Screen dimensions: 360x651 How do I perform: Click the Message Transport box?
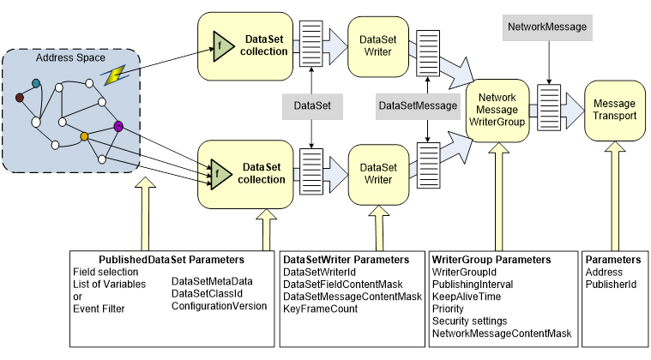point(614,110)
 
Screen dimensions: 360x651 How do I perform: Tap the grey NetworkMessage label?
point(547,27)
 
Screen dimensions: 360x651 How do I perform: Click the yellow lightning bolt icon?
point(112,75)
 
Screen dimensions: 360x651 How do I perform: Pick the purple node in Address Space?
point(118,127)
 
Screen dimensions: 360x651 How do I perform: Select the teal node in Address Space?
point(36,82)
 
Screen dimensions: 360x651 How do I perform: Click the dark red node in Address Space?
point(20,97)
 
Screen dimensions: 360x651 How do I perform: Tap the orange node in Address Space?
point(84,136)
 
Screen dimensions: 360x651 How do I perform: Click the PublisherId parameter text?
point(611,284)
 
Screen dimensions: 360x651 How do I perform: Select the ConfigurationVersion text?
point(220,305)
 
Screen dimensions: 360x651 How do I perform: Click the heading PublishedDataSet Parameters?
point(172,259)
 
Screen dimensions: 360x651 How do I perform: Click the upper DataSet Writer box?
point(375,45)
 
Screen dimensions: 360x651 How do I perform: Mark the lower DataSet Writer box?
point(375,173)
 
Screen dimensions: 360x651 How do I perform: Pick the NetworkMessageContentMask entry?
point(502,333)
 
